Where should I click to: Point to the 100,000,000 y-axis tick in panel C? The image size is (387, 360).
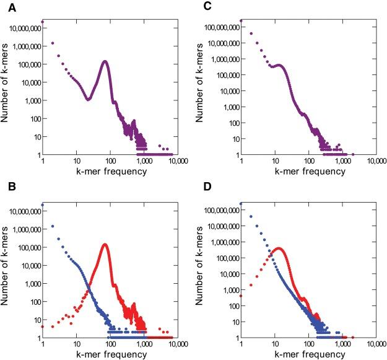pyautogui.click(x=217, y=28)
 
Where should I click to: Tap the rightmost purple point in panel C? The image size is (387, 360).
pyautogui.click(x=353, y=154)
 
